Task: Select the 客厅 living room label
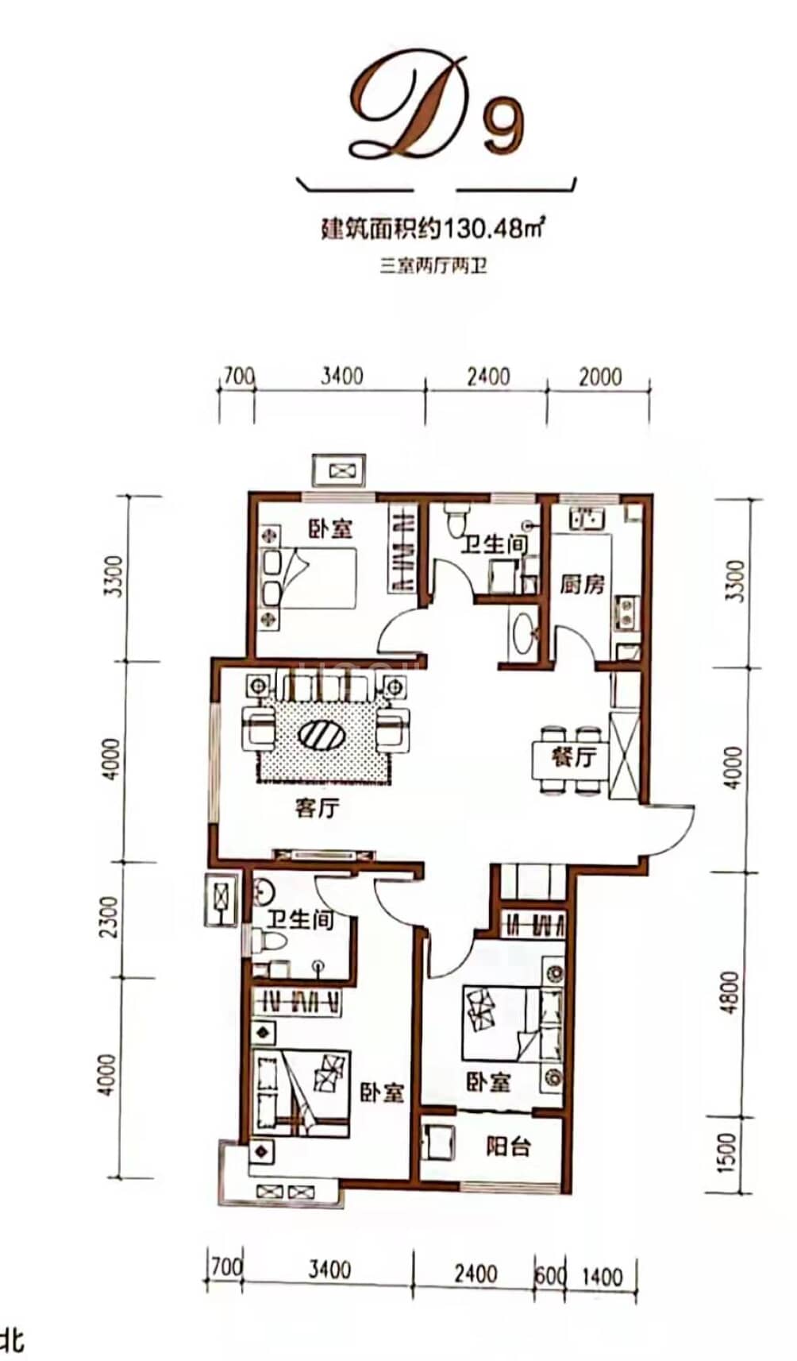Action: (x=318, y=808)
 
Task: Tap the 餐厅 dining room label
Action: (x=574, y=756)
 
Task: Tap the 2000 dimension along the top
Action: (x=600, y=377)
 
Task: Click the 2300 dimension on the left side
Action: (x=108, y=917)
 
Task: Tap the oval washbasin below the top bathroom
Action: (x=522, y=632)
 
